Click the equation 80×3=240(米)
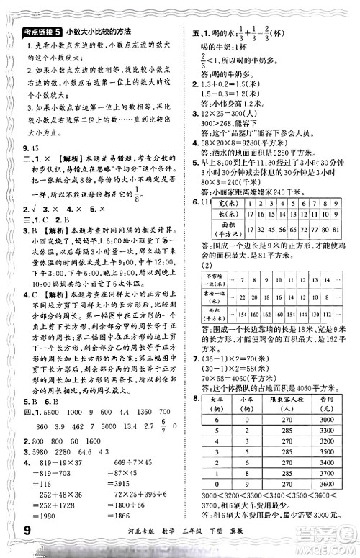[x=229, y=192]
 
